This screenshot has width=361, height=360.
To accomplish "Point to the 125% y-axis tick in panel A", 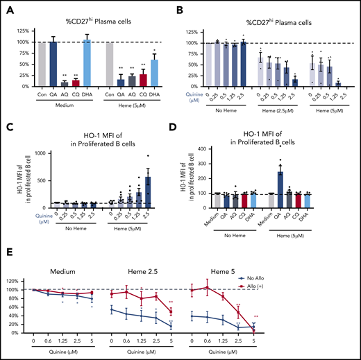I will pyautogui.click(x=22, y=30).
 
